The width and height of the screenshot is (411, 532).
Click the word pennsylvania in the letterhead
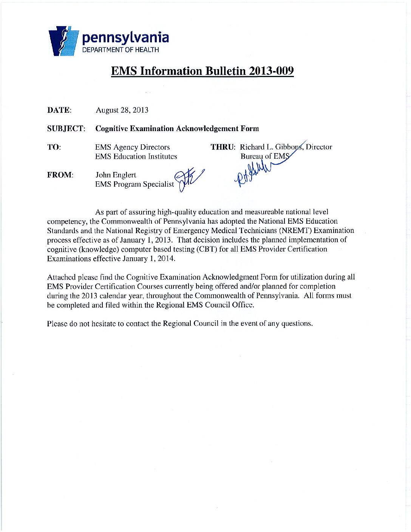(125, 38)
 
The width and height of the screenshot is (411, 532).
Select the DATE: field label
(59, 110)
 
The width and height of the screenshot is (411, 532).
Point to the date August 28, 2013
(122, 110)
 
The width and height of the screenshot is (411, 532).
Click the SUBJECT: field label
(66, 128)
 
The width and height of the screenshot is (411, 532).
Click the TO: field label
(54, 147)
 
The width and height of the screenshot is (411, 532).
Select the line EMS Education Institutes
(136, 156)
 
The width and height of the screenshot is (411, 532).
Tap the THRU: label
(223, 147)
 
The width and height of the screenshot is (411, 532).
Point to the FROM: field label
(60, 175)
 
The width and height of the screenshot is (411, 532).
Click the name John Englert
(116, 175)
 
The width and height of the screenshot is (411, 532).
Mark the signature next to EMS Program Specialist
(189, 178)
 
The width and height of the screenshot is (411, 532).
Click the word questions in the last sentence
(297, 324)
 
